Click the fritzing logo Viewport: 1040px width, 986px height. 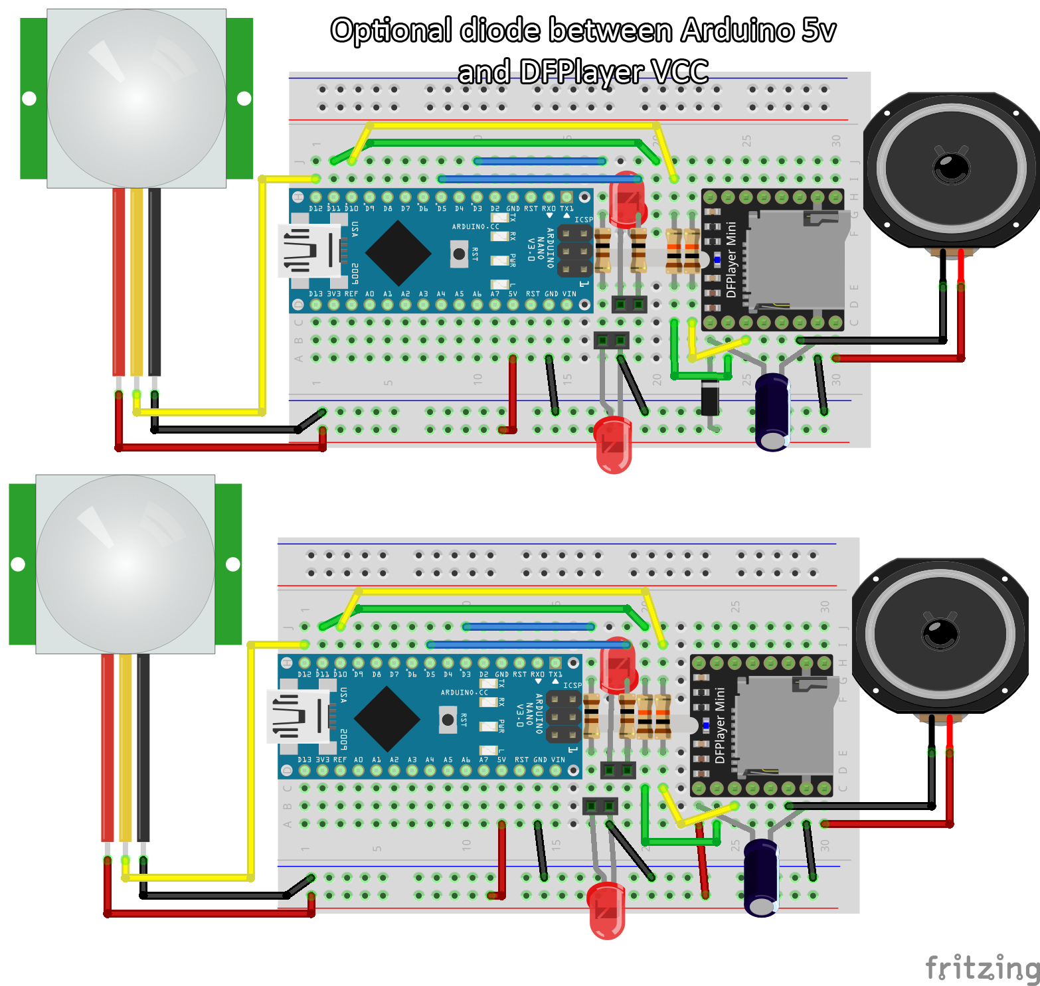pos(982,968)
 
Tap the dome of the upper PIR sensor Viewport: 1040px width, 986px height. pos(136,98)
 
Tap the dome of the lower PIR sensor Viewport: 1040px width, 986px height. pos(126,564)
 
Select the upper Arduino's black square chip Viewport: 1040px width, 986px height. pos(398,253)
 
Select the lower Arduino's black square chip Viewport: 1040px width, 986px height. pos(387,718)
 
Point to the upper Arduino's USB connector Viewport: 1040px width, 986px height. pos(309,251)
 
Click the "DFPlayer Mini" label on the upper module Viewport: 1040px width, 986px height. pos(731,260)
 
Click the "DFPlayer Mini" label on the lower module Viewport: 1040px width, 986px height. pos(720,726)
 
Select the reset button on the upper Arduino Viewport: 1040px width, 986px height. pos(459,254)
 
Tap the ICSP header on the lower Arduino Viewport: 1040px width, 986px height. pos(564,717)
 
